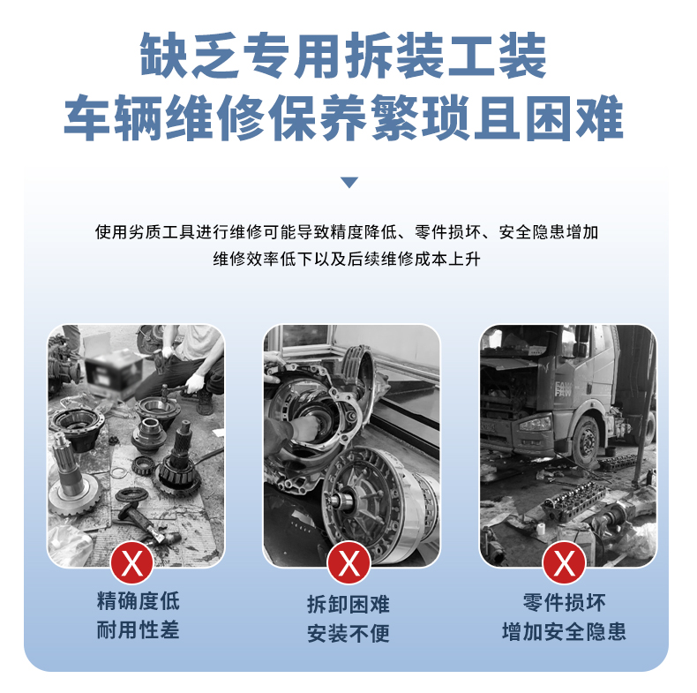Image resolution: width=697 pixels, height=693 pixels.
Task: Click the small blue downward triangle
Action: pos(349,183)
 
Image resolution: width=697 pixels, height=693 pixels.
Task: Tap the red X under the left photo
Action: pos(132,563)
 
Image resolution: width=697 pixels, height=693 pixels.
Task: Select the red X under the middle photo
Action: pos(348,563)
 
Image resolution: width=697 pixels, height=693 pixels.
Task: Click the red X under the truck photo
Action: pos(564,563)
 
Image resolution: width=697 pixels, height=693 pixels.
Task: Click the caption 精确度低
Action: pos(139,601)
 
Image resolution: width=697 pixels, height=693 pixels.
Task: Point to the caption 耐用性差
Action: pos(139,629)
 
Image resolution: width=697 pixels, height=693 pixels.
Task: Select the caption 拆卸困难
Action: pos(348,605)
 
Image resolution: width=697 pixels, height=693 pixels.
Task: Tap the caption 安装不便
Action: pos(348,633)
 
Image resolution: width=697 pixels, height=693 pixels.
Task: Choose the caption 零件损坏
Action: pos(564,603)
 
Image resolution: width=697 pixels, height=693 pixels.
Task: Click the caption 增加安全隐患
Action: pos(564,631)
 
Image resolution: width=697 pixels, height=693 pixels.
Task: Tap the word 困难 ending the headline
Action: pos(573,118)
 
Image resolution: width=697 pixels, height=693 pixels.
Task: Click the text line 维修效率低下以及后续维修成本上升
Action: pos(347,259)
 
